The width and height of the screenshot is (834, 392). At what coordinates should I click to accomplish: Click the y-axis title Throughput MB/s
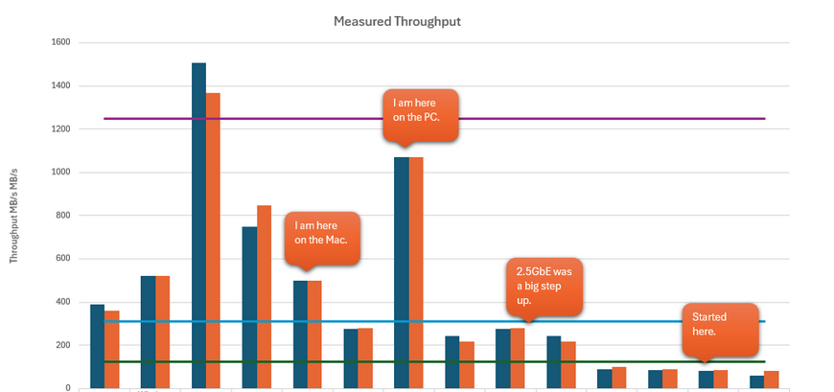(14, 216)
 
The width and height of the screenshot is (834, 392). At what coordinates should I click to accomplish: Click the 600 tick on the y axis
(61, 259)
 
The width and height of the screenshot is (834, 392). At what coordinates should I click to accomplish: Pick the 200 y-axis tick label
(61, 345)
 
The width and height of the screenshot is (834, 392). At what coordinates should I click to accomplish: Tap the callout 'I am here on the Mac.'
(322, 235)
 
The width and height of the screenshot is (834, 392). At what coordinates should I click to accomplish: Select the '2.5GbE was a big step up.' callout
(544, 285)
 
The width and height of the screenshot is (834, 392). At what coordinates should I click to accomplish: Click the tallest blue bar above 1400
(198, 225)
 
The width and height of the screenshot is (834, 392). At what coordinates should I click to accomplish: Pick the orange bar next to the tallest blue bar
(213, 240)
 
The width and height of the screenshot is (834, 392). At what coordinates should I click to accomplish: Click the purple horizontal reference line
(575, 119)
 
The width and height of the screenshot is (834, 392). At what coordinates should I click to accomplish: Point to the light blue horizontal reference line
(623, 321)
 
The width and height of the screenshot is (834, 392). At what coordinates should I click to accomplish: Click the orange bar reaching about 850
(264, 296)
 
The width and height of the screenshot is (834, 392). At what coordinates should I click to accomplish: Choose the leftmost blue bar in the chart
(97, 346)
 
